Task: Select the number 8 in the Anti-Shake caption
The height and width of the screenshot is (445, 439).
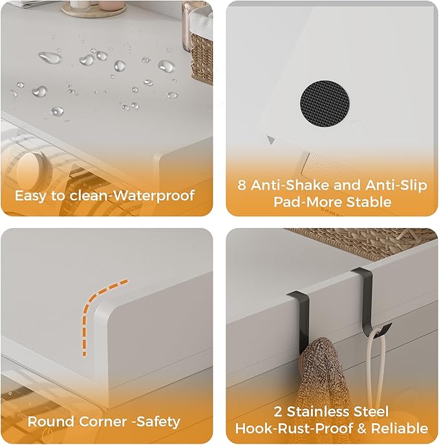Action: click(x=242, y=185)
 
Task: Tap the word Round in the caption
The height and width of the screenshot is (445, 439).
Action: click(x=49, y=422)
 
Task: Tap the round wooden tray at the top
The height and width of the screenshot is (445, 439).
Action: click(x=94, y=9)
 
